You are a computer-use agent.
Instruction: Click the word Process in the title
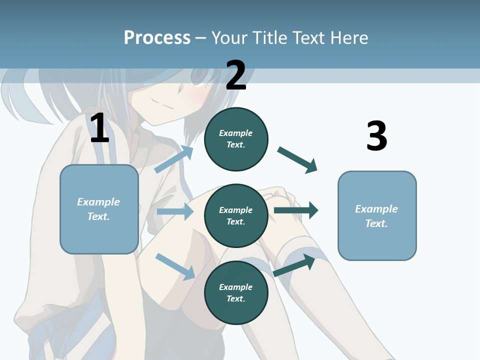tap(157, 37)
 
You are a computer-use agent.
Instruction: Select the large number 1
tap(99, 128)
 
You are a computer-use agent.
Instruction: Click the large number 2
tap(236, 75)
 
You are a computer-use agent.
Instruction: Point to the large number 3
tap(376, 136)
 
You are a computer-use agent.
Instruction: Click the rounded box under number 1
tap(99, 209)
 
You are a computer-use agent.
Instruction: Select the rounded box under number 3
tap(377, 215)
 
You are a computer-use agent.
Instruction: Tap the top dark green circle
tap(236, 139)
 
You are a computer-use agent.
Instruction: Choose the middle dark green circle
tap(236, 215)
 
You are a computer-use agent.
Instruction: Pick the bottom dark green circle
tap(236, 292)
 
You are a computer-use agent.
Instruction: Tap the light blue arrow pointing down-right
tap(175, 266)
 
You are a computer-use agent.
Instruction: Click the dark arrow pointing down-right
tap(297, 159)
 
